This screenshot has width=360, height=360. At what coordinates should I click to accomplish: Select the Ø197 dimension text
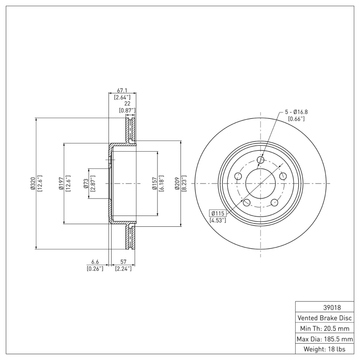click(61, 184)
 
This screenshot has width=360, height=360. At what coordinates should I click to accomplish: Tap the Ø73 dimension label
click(86, 184)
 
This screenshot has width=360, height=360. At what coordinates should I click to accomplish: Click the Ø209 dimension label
click(177, 184)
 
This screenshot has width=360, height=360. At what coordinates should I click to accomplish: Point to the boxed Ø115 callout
click(218, 213)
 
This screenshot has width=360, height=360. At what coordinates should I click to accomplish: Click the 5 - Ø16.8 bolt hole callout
click(296, 112)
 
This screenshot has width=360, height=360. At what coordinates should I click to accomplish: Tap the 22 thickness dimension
click(127, 103)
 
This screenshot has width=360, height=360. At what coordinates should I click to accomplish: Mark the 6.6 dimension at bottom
click(95, 261)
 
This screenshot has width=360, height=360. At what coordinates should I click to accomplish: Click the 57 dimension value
click(123, 261)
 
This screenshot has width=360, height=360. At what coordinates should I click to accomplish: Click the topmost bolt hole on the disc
click(261, 160)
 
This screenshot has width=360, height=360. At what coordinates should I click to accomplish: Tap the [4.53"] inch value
click(218, 220)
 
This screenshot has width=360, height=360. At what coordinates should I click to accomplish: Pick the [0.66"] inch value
click(296, 119)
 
